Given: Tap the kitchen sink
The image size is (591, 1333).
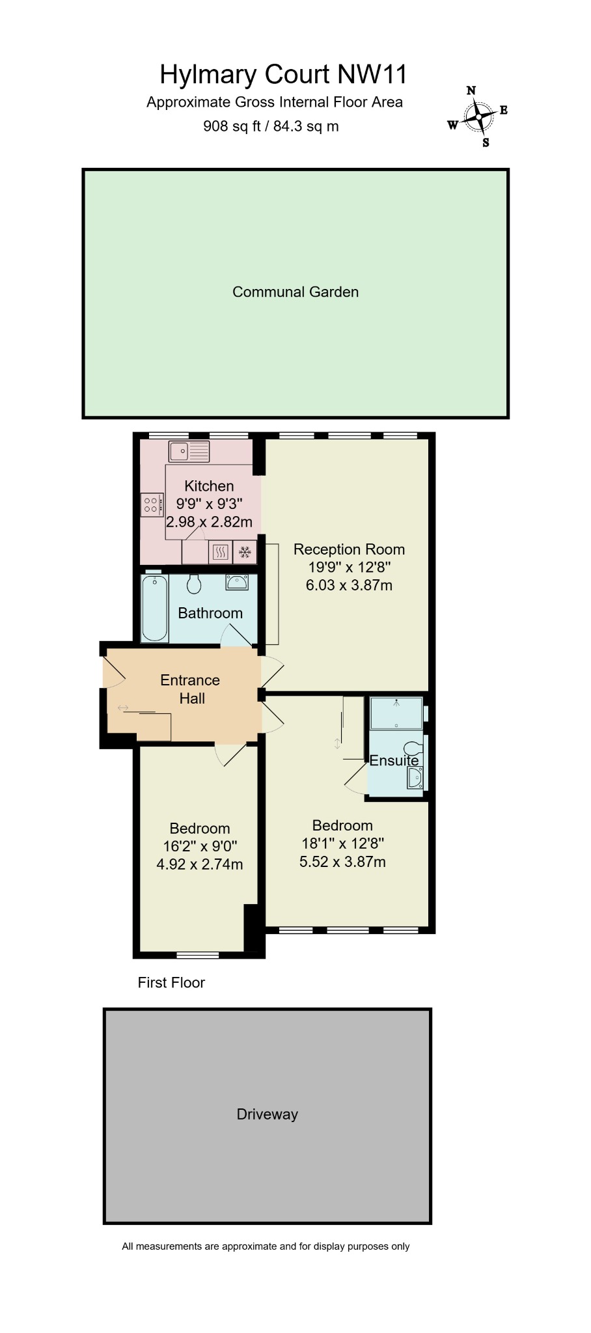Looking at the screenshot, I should [189, 450].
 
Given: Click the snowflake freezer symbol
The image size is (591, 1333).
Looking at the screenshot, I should [245, 553].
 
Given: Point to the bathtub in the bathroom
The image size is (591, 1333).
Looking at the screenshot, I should [156, 608].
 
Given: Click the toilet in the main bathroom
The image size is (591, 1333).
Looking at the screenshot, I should [194, 584].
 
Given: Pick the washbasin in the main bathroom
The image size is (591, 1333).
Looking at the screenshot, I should [237, 582].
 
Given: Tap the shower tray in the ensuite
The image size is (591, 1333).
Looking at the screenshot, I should [395, 713].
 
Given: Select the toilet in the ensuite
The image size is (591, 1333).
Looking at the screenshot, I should [413, 747].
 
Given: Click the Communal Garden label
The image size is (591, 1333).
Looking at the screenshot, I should [295, 292].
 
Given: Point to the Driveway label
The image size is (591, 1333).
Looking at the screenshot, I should [267, 1114].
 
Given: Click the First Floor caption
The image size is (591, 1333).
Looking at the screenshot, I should [171, 983].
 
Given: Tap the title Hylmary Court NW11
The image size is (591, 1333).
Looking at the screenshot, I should [283, 75].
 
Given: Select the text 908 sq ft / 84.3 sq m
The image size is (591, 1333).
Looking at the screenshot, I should [271, 126].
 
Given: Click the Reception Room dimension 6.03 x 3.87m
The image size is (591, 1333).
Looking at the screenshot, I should [349, 585].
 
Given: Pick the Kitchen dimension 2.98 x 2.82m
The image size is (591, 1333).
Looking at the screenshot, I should [209, 522].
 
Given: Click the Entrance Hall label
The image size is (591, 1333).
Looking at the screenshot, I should [190, 689].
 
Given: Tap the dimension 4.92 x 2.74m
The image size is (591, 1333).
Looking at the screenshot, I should [199, 864].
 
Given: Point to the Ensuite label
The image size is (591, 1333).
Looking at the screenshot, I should [394, 760].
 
